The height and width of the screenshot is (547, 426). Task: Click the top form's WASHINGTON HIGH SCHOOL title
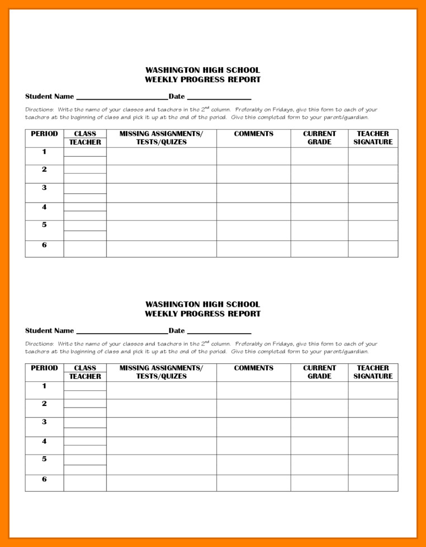(x=202, y=70)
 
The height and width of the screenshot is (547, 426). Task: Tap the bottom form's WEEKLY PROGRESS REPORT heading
(x=202, y=314)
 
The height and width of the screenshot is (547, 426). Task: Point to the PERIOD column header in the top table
(x=44, y=134)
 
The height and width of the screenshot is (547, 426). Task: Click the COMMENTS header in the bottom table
(x=253, y=368)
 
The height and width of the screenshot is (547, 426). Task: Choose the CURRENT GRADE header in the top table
(x=319, y=138)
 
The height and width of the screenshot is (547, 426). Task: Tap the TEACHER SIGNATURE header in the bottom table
(x=373, y=372)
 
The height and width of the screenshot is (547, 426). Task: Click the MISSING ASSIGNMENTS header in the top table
(x=161, y=138)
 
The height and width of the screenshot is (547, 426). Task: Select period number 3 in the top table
(x=44, y=188)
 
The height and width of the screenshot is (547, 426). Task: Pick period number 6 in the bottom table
(x=44, y=479)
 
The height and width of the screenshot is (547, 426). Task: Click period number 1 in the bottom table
(x=44, y=386)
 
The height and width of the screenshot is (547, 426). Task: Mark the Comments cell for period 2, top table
(x=253, y=174)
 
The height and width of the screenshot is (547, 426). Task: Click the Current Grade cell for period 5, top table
(x=319, y=230)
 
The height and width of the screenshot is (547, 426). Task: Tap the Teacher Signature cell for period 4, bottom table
(x=373, y=446)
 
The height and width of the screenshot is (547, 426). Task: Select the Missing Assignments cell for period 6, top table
(x=161, y=249)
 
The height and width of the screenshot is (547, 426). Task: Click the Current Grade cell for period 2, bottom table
(x=319, y=408)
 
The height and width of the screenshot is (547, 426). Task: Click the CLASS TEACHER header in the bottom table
(x=85, y=372)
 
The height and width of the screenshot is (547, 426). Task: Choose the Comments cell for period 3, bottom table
(x=253, y=427)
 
